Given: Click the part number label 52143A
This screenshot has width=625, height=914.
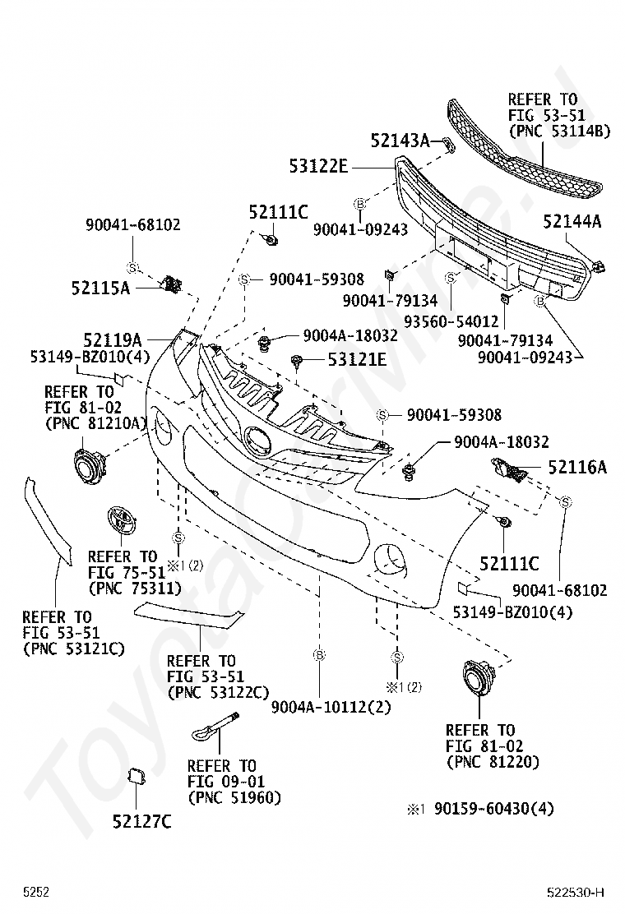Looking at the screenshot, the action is click(400, 140).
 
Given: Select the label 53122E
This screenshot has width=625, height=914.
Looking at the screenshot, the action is click(318, 167).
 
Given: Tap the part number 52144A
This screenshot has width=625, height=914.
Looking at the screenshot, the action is click(572, 221).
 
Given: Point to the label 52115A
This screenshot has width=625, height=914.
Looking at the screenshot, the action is click(101, 288).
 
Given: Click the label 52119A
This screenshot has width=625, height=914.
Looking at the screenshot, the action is click(113, 339).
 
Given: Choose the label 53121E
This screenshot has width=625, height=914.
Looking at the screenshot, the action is click(358, 359).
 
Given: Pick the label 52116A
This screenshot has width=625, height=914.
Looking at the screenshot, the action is click(577, 467).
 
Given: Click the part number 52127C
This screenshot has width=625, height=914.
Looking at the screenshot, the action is click(142, 821).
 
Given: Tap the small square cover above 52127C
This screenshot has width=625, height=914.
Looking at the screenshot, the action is click(136, 777).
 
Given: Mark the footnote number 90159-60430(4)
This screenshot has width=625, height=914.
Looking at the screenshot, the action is click(493, 809).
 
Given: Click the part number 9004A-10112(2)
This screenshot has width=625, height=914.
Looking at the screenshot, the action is click(331, 707).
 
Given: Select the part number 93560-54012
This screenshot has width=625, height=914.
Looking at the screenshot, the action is click(451, 321).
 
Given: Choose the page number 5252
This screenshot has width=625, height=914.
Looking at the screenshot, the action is click(36, 893).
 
